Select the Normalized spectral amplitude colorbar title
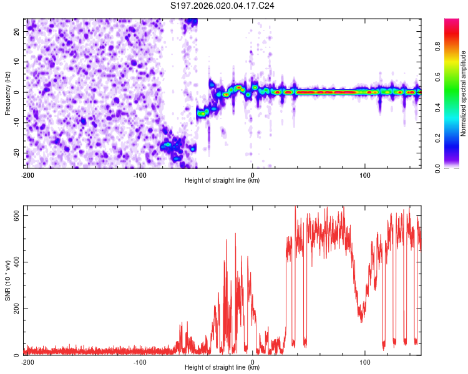point(464,93)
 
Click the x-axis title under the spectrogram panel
point(222,181)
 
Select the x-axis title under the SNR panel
point(222,368)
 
